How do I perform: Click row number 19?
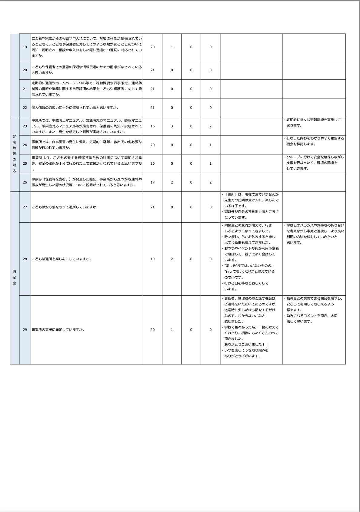25,47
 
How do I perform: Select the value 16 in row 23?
152,126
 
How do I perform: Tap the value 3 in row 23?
172,126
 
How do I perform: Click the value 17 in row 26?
152,182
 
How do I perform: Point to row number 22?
25,108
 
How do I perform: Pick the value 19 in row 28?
152,259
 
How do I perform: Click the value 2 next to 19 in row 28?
172,259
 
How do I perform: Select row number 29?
25,330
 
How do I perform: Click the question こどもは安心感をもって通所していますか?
65,207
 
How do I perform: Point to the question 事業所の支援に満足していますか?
58,330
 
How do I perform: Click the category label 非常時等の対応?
14,154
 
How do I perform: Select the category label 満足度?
14,277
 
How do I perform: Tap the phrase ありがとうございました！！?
246,345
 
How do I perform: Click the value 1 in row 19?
172,47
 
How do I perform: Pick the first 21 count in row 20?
152,70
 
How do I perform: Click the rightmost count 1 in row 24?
210,145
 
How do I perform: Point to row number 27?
25,207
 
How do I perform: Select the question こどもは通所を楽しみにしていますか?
61,259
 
